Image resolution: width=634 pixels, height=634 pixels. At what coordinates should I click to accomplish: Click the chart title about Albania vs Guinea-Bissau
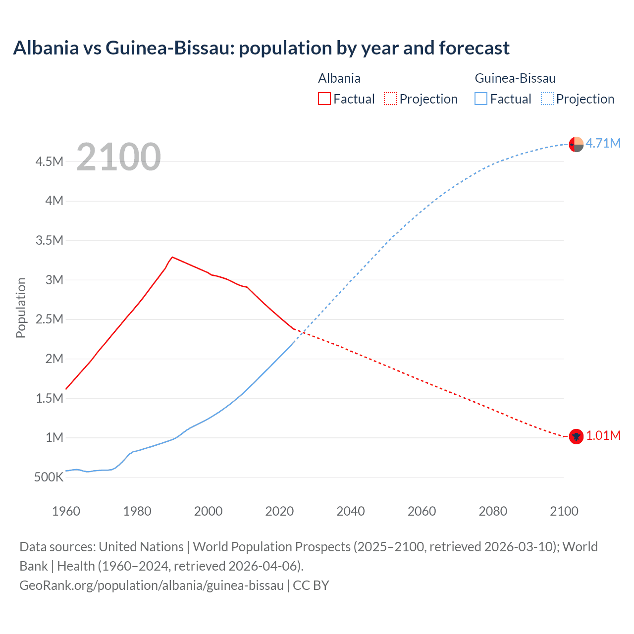pos(261,48)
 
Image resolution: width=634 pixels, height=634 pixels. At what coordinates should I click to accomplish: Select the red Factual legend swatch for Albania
pos(324,99)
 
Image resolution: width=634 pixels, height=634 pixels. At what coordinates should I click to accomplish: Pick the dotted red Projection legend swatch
pos(390,99)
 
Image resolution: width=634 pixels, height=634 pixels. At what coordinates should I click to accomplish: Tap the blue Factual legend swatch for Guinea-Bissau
pos(480,99)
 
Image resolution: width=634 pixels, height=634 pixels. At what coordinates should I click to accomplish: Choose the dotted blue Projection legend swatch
pos(547,99)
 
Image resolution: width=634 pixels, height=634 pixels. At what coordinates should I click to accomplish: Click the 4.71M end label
pos(603,143)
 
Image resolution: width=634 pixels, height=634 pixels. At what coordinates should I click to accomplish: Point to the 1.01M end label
pos(603,435)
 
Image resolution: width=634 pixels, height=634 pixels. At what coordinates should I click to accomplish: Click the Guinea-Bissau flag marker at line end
pos(576,144)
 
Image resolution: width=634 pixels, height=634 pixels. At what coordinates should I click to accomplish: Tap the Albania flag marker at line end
pos(576,436)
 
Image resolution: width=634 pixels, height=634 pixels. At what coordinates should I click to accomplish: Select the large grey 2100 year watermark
pos(118,157)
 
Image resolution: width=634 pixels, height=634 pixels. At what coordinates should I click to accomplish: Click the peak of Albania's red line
pos(172,257)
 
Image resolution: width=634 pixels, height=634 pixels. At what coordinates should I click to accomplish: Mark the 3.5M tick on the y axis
pos(50,241)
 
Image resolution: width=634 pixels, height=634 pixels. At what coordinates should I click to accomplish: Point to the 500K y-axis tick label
pos(49,477)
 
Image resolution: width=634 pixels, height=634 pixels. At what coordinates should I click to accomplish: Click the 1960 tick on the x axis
pos(66,511)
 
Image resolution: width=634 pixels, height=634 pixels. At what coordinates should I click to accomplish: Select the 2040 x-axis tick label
pos(350,511)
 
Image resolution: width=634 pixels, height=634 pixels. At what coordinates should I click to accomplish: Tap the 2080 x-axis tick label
pos(493,511)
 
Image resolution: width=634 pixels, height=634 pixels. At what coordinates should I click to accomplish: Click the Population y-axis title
pos(21,308)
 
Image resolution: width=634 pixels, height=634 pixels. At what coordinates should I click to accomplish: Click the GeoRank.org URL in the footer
pos(151,585)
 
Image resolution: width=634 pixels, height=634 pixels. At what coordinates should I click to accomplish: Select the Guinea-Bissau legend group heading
pos(515,78)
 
